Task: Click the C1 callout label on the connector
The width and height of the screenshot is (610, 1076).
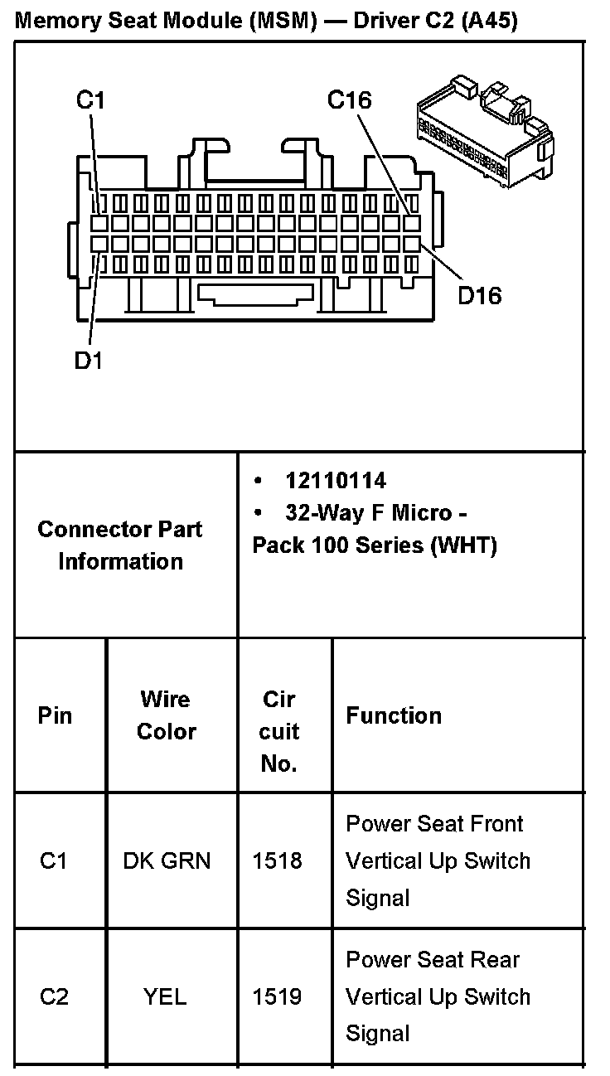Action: pos(90,100)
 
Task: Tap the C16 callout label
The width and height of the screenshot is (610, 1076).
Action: pos(349,100)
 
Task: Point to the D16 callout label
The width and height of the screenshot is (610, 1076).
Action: pos(480,295)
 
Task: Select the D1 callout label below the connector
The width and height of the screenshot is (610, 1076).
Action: pos(88,361)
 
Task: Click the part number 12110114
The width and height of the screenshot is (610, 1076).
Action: pos(336,480)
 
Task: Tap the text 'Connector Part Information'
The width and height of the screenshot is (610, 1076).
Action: pos(120,545)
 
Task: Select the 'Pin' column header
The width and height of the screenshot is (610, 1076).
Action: pos(55,715)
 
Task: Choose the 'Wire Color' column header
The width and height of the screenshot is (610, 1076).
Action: pos(166,715)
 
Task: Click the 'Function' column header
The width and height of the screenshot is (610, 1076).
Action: pos(394,715)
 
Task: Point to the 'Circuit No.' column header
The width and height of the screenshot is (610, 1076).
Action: pos(278,731)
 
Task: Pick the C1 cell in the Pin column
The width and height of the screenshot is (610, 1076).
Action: pos(53,860)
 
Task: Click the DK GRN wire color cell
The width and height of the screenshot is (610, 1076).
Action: pos(167,860)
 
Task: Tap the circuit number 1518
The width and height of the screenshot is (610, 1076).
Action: pos(277,860)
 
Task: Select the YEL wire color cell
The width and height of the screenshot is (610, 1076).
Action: pos(165,996)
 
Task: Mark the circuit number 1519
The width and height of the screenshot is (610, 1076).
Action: pos(277,996)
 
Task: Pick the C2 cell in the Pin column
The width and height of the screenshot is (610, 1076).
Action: pos(54,996)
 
